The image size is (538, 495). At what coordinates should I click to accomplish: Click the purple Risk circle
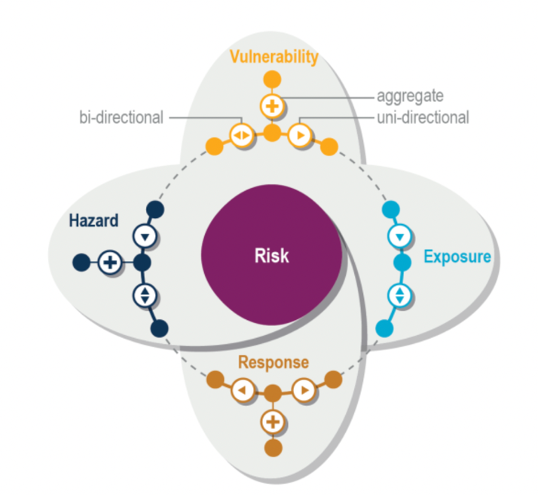271,256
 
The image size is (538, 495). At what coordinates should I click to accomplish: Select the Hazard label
93,221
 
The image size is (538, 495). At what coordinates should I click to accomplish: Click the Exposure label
457,257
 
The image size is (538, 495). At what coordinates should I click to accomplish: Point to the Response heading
273,362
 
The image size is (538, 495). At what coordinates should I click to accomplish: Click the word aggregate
410,97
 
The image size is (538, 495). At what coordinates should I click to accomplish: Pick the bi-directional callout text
121,118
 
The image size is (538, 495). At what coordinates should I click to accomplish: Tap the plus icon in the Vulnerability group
271,106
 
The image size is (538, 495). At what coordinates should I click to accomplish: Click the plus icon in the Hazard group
110,263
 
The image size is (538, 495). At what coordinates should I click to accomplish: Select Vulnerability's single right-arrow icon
301,136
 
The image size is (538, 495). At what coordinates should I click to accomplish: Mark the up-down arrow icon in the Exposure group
401,294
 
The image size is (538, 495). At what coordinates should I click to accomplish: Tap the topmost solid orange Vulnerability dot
271,78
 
